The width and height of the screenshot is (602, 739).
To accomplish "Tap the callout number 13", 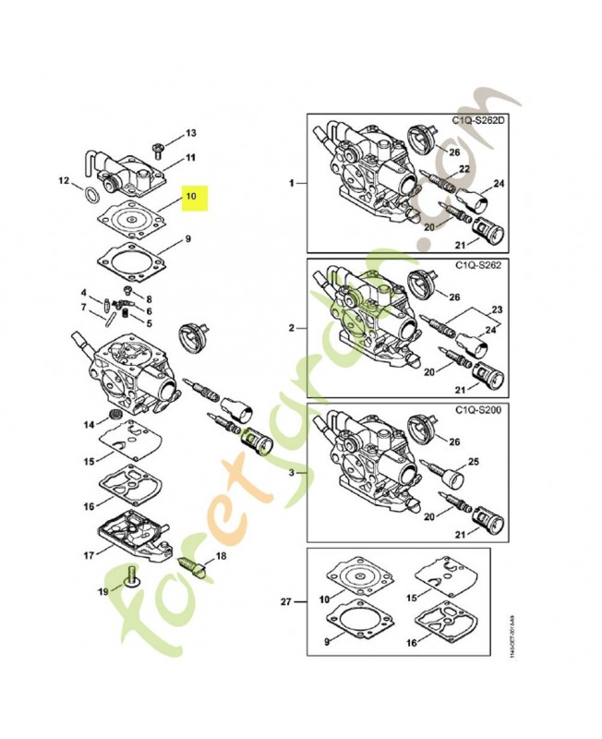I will [x=191, y=133].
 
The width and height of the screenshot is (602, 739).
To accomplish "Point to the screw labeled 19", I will [x=130, y=575].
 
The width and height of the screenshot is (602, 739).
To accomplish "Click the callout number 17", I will [x=89, y=555].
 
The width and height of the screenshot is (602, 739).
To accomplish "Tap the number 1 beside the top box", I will [x=292, y=184].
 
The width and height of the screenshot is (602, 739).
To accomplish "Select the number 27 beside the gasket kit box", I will [x=286, y=602].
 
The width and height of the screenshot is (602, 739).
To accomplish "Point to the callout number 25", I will [x=501, y=460].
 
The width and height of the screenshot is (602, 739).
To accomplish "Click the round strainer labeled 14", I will [x=117, y=412].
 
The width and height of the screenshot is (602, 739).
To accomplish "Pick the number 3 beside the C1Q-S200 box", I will [x=292, y=472].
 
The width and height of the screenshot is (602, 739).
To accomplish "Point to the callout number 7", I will [x=82, y=307].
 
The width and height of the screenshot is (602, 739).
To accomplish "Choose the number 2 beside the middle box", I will [x=292, y=328].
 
